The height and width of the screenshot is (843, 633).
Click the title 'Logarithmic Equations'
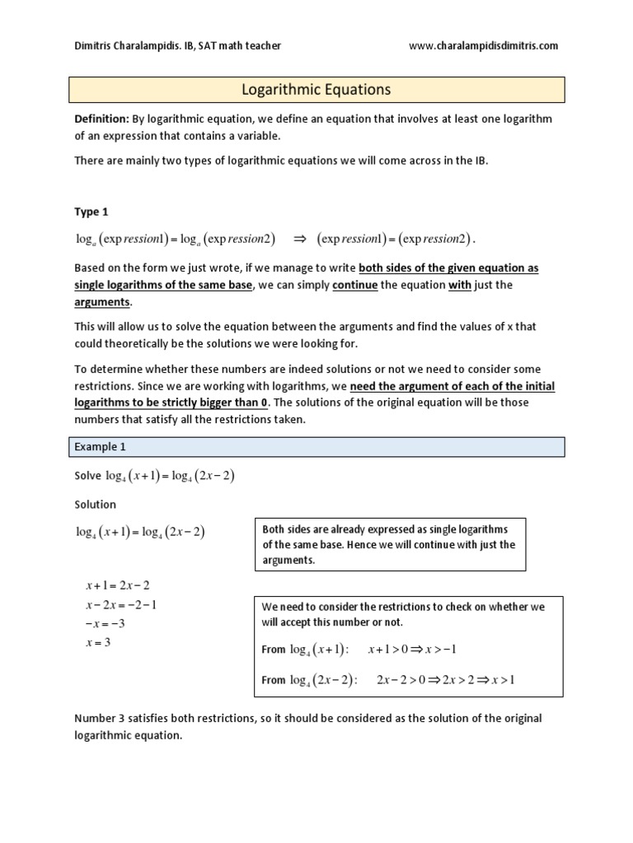[x=316, y=90]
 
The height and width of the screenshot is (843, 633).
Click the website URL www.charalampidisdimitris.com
[x=483, y=46]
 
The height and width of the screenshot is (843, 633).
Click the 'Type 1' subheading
[x=91, y=212]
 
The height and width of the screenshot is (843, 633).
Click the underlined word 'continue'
[x=355, y=286]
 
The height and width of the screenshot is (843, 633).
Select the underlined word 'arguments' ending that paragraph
[x=103, y=302]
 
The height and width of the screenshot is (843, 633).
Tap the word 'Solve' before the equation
[x=87, y=476]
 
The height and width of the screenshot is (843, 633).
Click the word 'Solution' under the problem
[x=96, y=504]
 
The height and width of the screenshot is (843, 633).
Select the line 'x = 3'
[x=97, y=643]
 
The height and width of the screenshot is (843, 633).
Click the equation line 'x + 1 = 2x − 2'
[x=117, y=585]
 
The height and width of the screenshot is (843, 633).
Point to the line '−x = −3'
[x=105, y=624]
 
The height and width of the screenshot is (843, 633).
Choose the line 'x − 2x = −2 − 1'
[x=121, y=605]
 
